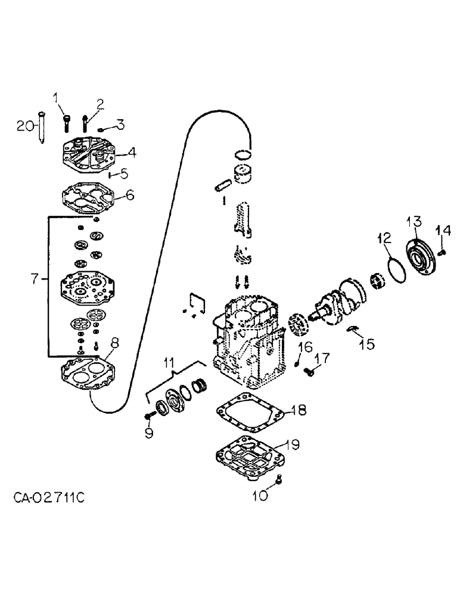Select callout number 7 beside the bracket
[35, 278]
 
